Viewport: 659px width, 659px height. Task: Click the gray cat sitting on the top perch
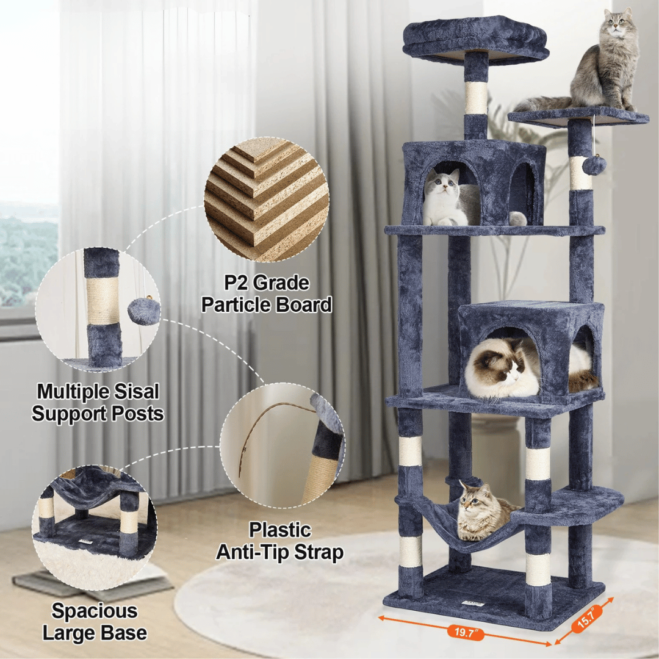[x=604, y=64]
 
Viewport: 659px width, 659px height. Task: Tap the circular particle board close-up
[x=266, y=199]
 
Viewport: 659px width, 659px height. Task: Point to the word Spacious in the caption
[x=94, y=611]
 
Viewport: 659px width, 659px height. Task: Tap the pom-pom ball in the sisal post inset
[x=143, y=311]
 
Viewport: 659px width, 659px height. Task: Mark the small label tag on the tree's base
[x=474, y=603]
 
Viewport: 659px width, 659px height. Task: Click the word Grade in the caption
[x=284, y=284]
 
